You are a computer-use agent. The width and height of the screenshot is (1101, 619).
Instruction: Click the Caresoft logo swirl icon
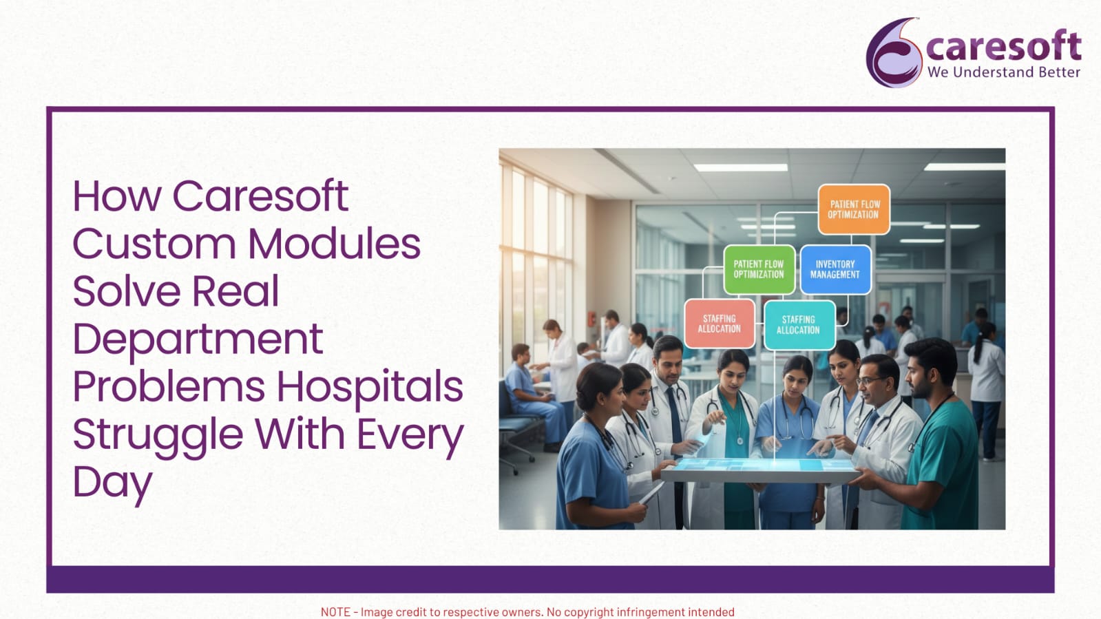point(894,52)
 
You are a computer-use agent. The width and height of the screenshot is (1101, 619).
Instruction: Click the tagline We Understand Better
point(1004,72)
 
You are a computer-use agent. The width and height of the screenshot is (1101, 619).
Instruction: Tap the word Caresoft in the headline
point(260,196)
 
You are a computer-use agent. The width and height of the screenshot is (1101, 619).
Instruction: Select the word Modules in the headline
point(334,243)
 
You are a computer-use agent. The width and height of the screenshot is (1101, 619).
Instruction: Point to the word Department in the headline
point(198,339)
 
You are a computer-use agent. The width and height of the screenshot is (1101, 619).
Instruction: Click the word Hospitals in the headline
point(370,387)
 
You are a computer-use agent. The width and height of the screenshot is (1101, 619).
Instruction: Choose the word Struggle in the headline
point(158,435)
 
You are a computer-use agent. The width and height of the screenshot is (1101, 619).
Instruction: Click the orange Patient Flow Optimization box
point(854,209)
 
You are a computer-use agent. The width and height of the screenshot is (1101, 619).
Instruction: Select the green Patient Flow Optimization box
point(759,269)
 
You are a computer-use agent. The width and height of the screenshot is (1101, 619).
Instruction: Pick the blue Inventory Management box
point(835,269)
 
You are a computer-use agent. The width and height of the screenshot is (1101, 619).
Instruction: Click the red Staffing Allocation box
point(719,324)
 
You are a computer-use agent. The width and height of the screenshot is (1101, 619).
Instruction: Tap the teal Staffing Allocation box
point(799,325)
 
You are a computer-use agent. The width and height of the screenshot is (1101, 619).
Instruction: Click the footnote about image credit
point(527,612)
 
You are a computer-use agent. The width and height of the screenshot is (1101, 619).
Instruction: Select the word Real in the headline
point(235,291)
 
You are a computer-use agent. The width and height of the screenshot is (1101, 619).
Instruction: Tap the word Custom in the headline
point(154,243)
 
